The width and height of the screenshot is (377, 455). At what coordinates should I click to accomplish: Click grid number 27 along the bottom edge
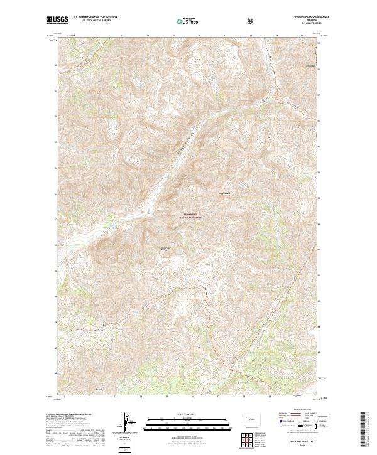[x=218, y=397]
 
